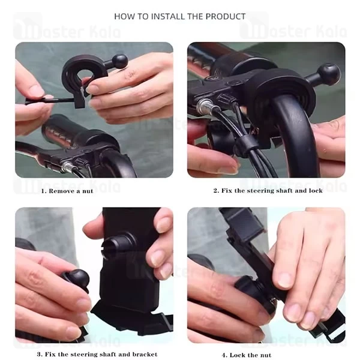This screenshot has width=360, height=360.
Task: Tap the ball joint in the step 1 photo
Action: (x=119, y=61)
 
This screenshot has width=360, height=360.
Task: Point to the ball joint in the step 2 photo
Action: (x=330, y=72)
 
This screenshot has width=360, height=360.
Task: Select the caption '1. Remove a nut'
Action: (x=67, y=191)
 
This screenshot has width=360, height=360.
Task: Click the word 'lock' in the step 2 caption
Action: (x=316, y=191)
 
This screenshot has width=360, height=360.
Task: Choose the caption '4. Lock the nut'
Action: (x=247, y=355)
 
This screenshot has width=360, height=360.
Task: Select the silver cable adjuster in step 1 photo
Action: (x=67, y=167)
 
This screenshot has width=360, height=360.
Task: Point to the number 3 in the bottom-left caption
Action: (x=39, y=354)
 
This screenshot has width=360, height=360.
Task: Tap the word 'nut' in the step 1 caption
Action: (x=88, y=191)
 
